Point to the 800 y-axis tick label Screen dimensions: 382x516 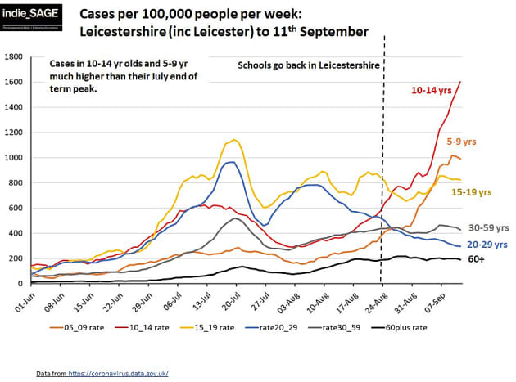16,182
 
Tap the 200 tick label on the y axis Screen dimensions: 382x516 16,258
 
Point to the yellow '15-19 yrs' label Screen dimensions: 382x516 473,192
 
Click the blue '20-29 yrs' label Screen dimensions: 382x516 487,244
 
